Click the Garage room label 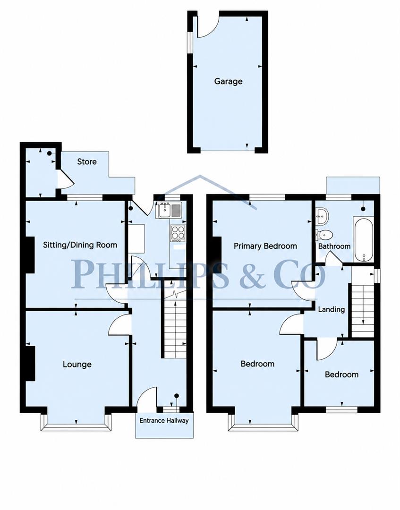(228, 81)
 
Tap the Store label (87, 161)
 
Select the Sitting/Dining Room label (80, 245)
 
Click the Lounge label (77, 364)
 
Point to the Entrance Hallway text (164, 421)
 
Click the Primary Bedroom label (265, 246)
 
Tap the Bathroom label (334, 246)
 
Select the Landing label (332, 309)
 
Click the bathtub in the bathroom (363, 240)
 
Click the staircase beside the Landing (362, 301)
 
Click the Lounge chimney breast (30, 363)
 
